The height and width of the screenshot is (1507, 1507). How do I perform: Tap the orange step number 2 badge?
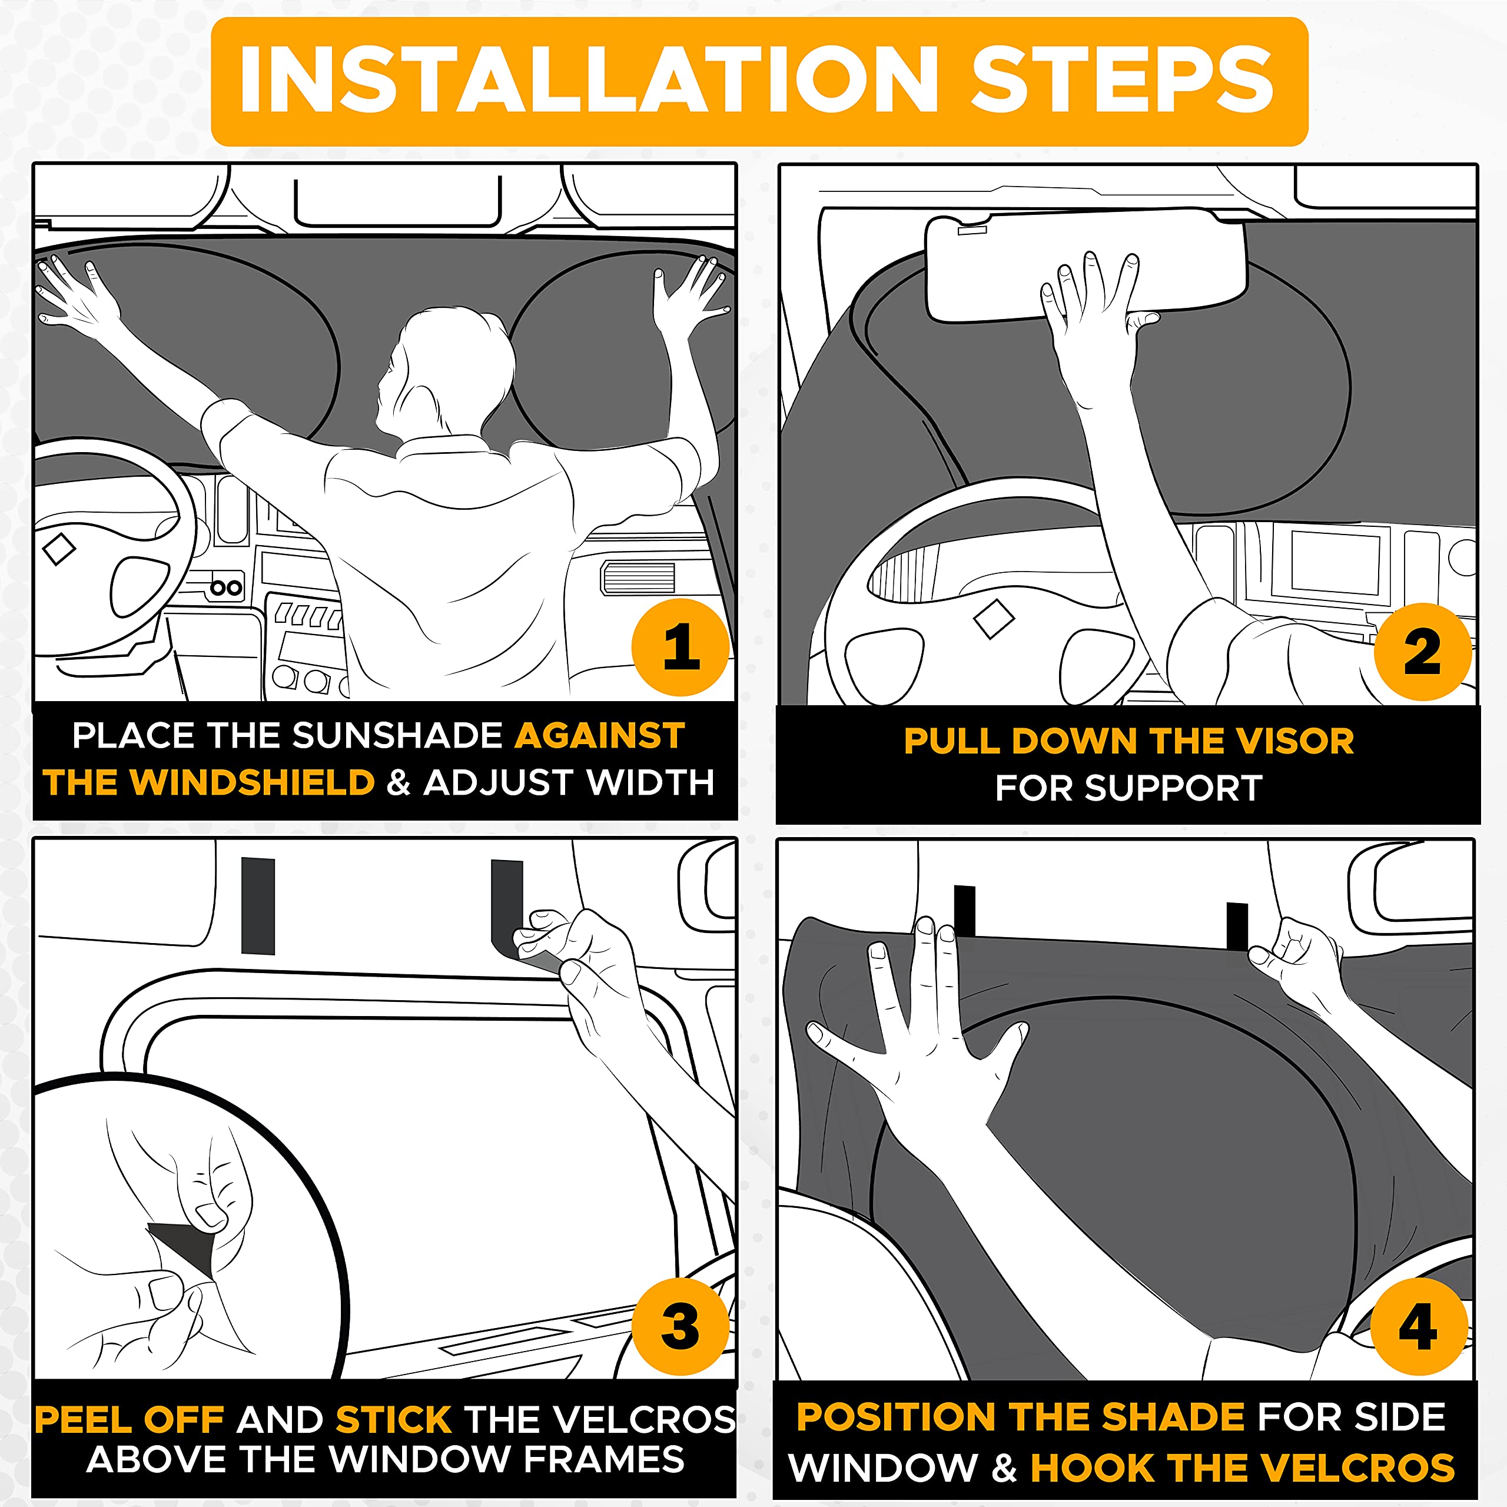tap(1422, 651)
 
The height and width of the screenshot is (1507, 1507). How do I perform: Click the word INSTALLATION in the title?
tap(589, 80)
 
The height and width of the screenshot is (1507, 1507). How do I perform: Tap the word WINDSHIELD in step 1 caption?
tap(252, 782)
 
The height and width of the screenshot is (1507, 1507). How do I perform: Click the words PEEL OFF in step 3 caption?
tap(130, 1420)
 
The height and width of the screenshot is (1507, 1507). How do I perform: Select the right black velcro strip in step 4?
tap(1237, 926)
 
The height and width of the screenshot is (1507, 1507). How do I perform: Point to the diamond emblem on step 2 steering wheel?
tap(994, 620)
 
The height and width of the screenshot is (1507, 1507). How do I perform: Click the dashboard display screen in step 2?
tap(1335, 562)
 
